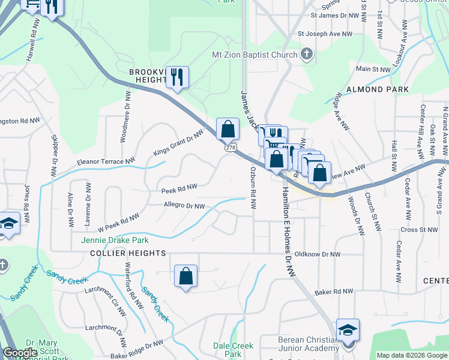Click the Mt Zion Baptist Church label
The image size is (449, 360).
pyautogui.click(x=255, y=55)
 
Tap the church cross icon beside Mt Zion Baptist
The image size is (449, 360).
pyautogui.click(x=307, y=55)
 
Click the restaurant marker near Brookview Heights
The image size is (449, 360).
pyautogui.click(x=177, y=77)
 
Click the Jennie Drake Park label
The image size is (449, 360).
pyautogui.click(x=111, y=241)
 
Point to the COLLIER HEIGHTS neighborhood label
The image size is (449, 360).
pyautogui.click(x=127, y=254)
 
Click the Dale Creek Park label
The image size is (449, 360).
pyautogui.click(x=234, y=350)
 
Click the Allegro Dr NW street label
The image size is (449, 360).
pyautogui.click(x=184, y=206)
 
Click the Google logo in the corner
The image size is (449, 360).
pyautogui.click(x=20, y=353)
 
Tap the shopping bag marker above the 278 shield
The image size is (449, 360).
pyautogui.click(x=228, y=128)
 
